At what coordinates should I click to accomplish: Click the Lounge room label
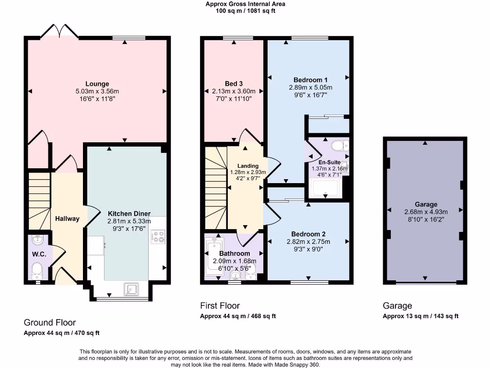(97, 84)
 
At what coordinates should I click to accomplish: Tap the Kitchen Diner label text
(129, 214)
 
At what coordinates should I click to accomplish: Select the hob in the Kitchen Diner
(157, 236)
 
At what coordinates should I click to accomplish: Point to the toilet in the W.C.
(37, 272)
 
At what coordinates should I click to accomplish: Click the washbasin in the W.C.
(37, 239)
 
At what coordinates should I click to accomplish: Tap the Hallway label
(67, 219)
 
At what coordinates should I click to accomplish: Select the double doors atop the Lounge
(59, 32)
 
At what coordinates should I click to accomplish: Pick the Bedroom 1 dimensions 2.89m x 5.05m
(310, 88)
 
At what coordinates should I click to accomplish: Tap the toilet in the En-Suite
(339, 146)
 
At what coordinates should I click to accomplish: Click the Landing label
(247, 166)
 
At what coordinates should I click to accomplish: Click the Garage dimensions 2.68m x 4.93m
(426, 212)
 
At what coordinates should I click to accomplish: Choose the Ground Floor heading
(50, 322)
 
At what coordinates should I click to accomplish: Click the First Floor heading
(220, 306)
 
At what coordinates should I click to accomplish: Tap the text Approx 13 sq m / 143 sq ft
(421, 316)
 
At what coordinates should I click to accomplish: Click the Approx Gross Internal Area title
(245, 4)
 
